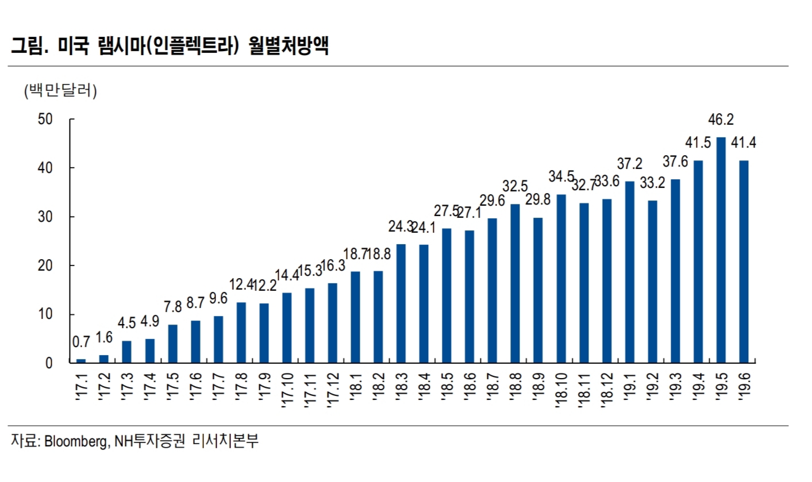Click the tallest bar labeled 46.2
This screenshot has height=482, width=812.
tap(721, 250)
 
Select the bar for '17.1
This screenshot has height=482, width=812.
tap(81, 361)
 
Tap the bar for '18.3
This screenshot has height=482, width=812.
tap(401, 303)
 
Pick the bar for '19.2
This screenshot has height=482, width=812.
tap(652, 282)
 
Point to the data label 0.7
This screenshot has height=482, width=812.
tap(81, 343)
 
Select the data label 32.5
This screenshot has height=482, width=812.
tap(515, 187)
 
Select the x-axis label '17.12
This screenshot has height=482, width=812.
tap(332, 391)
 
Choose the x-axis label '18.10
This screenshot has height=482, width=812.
tap(560, 391)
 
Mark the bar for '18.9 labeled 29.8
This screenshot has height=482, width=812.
tap(538, 290)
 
